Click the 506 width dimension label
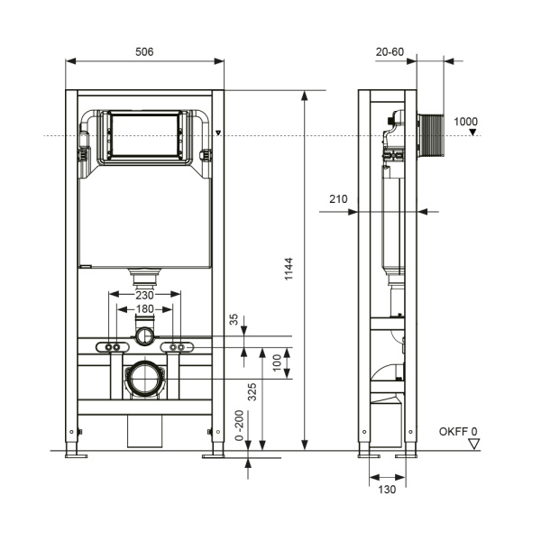tap(144, 52)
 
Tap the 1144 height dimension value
tap(288, 268)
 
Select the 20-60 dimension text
tap(390, 52)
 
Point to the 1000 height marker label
tap(466, 122)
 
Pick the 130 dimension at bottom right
tap(385, 489)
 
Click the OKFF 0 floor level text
tap(458, 432)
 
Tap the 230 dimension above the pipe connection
tap(145, 294)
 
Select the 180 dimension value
tap(145, 309)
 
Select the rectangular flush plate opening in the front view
tap(145, 137)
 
